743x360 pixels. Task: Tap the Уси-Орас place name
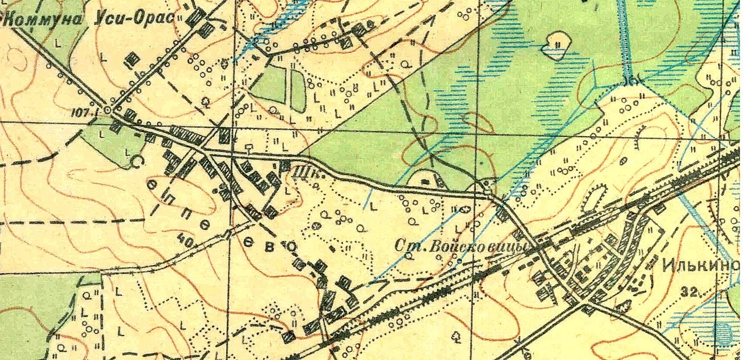(135, 18)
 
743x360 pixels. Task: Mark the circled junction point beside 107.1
(108, 109)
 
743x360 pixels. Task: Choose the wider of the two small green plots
(268, 84)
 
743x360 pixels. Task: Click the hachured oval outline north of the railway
(594, 198)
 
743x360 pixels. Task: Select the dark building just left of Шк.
(284, 166)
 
